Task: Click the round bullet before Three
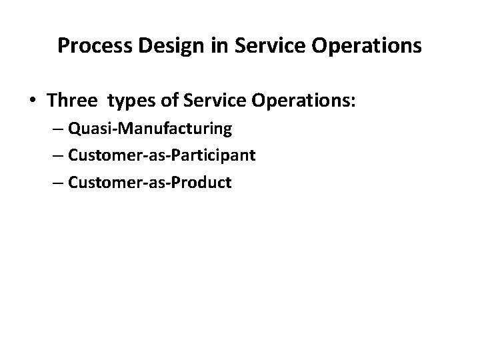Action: tap(33, 101)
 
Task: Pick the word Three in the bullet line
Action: tap(71, 101)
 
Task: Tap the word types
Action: tap(131, 103)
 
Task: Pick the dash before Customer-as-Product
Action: tap(57, 182)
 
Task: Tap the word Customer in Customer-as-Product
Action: tap(100, 182)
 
